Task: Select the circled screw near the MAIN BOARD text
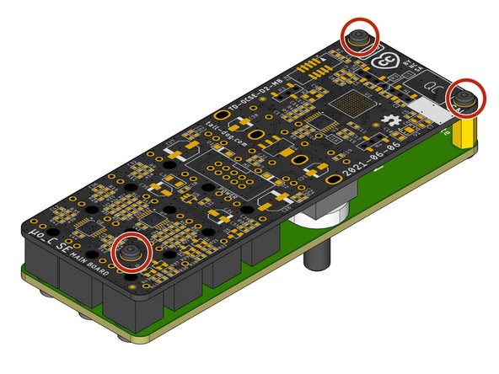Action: point(131,252)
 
